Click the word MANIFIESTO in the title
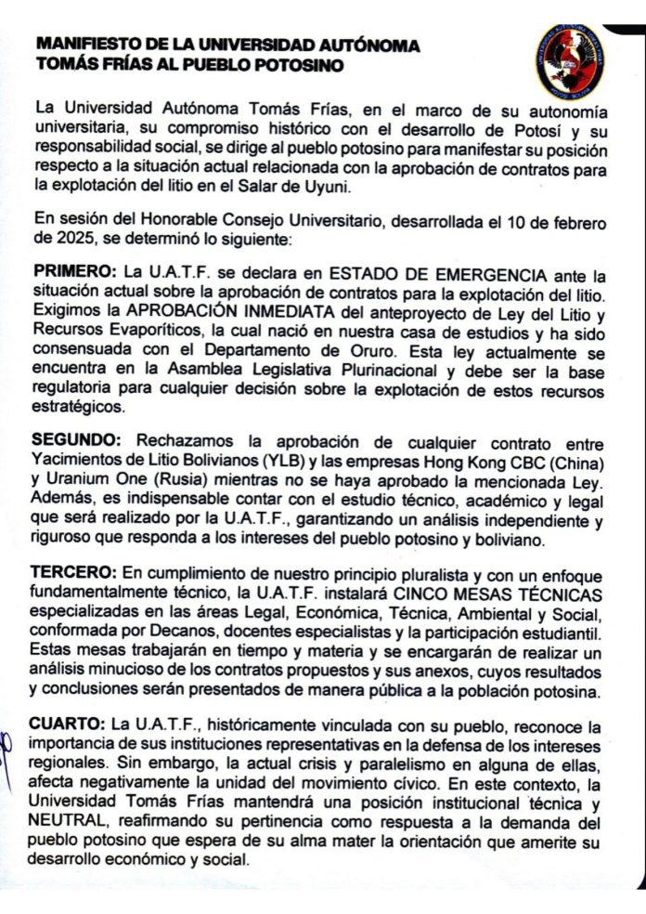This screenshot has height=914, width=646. point(81,45)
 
